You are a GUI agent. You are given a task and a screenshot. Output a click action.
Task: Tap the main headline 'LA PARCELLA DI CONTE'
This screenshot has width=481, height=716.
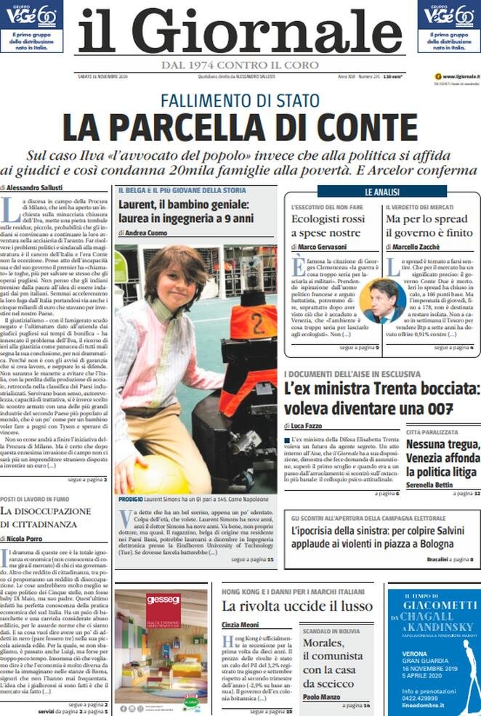[x=240, y=127]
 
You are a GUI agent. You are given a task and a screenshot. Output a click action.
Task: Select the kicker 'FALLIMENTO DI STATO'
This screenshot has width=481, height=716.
[x=240, y=99]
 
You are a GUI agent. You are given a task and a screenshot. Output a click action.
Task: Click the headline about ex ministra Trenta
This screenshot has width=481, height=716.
[x=381, y=399]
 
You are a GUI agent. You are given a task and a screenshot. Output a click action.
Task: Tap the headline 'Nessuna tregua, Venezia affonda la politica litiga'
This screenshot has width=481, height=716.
[x=442, y=458]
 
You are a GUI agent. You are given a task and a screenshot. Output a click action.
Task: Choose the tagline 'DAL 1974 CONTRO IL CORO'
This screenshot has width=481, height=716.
[x=240, y=65]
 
